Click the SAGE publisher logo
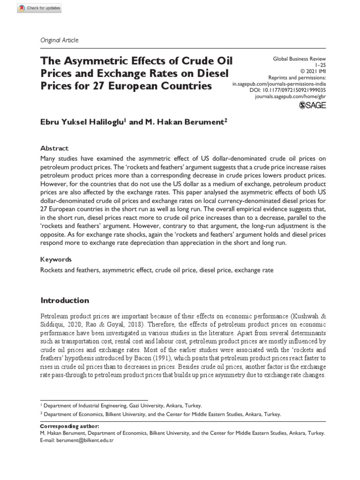[312, 105]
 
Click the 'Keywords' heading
[56, 259]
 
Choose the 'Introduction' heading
[65, 300]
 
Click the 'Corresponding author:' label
[69, 426]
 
